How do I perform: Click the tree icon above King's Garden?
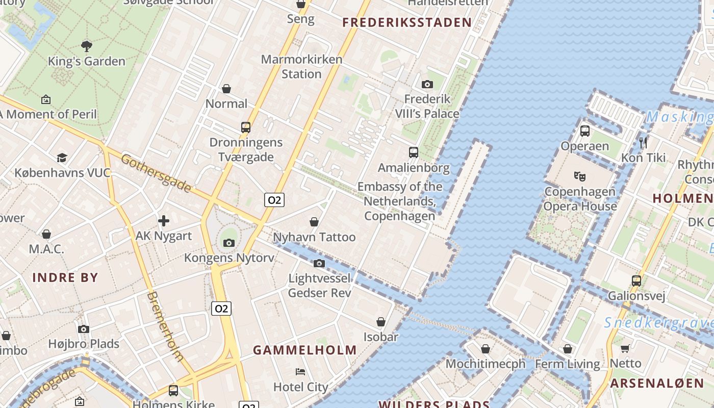tap(87, 46)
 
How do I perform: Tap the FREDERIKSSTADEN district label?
tap(407, 22)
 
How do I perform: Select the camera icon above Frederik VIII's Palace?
tap(427, 84)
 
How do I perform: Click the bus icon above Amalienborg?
tap(414, 152)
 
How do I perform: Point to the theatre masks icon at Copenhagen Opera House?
tap(579, 176)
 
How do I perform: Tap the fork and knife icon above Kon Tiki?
tap(643, 142)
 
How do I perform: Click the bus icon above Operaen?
tap(585, 131)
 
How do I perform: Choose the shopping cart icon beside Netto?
tap(625, 348)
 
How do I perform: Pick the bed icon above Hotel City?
tap(300, 372)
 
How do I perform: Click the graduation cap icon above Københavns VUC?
tap(62, 158)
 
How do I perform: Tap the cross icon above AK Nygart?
tap(164, 221)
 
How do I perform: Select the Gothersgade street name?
tap(157, 173)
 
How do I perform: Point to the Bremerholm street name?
tap(165, 326)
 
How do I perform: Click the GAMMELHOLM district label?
tap(305, 350)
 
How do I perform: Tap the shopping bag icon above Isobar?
tap(381, 322)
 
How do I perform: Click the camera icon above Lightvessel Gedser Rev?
tap(319, 263)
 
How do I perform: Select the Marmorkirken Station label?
tap(301, 66)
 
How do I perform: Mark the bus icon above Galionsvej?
tap(636, 280)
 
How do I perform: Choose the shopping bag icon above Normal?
tap(226, 89)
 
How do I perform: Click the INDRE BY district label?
tap(65, 278)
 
